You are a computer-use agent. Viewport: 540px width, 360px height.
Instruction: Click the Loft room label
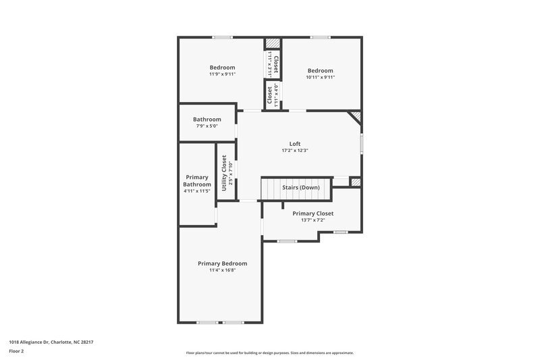[295, 143]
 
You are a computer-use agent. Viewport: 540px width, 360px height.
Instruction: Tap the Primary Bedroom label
[222, 263]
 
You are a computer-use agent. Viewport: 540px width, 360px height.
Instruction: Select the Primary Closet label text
[313, 213]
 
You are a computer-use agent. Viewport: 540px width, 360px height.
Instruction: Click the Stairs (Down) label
[301, 186]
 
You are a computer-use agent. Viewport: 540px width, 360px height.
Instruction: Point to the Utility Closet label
[224, 172]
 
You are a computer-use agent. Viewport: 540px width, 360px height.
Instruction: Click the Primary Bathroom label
[198, 181]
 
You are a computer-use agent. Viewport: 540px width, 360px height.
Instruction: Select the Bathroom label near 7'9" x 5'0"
[207, 120]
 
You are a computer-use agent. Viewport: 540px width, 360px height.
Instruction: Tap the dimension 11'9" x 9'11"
[222, 74]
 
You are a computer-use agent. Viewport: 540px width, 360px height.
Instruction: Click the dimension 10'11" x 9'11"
[321, 78]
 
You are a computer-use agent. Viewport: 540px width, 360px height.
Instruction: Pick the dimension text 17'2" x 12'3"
[295, 151]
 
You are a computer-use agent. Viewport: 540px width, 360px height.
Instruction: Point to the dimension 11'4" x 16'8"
[222, 270]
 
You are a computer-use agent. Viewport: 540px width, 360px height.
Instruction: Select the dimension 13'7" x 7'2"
[313, 220]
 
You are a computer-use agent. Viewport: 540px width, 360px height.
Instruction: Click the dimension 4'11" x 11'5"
[198, 191]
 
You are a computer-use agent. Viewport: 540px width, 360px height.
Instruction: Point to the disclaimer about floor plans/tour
[269, 353]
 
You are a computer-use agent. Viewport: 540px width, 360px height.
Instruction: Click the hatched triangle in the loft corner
[356, 118]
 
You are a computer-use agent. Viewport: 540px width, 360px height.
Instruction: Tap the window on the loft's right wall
[362, 144]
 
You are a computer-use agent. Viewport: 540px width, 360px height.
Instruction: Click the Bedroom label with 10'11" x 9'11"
[321, 71]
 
